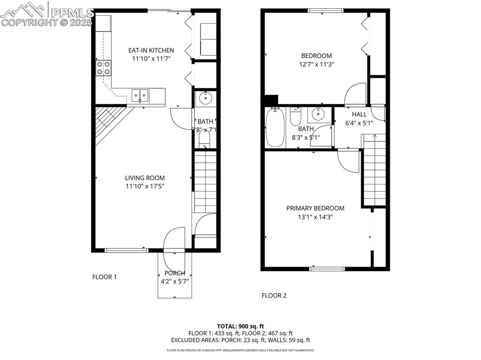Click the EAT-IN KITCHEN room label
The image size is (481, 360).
[x=151, y=50]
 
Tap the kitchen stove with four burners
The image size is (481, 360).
[x=104, y=68]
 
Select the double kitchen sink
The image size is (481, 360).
[x=140, y=96]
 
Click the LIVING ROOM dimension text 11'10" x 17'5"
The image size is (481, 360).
[x=145, y=186]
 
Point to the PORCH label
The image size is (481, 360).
[x=174, y=273]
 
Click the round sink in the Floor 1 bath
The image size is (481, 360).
[x=205, y=99]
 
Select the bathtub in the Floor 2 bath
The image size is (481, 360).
[x=275, y=128]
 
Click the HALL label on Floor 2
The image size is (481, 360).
[x=359, y=114]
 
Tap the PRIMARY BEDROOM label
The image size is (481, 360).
[x=315, y=208]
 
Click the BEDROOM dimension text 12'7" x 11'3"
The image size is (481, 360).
[x=317, y=64]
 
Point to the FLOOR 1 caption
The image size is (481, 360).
[x=104, y=277]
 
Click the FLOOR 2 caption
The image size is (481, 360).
[x=274, y=295]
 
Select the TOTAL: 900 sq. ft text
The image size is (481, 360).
[x=240, y=326]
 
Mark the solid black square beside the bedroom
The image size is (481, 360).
[x=271, y=100]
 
